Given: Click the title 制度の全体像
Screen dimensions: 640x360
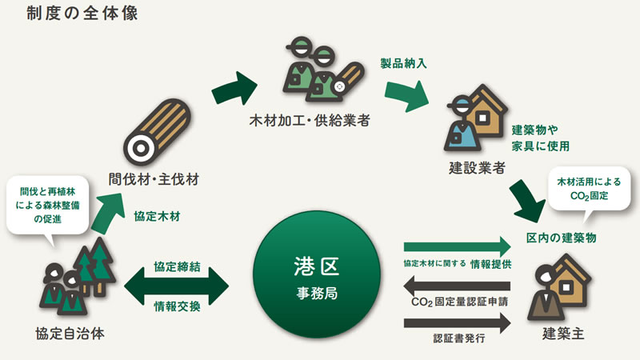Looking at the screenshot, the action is coord(82,14).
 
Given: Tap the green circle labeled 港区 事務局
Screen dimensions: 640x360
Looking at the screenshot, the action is coord(317,274).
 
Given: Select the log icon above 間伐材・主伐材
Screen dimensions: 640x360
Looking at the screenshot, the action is coord(157,131).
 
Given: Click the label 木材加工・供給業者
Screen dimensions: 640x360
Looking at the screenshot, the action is coord(310,121).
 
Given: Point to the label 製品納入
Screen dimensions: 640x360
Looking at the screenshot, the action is coord(403,63).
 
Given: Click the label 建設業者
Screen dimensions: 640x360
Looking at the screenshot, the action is coord(477,168).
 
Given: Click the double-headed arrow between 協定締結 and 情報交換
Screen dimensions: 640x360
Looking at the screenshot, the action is coord(176,286).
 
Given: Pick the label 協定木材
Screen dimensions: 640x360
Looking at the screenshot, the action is coord(157,216).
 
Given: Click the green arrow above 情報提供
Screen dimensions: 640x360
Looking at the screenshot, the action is coord(457,246).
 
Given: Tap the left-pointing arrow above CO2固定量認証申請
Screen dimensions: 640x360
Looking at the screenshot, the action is coord(457,286).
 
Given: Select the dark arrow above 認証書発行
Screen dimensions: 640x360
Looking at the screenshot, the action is coord(457,323).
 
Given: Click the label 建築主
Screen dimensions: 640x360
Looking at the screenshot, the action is coord(563,334).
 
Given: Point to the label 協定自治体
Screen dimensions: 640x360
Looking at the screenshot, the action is coord(70,334).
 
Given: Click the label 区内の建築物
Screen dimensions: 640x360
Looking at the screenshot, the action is coord(562,238).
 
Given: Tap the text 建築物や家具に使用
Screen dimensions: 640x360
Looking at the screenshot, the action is coord(541,138).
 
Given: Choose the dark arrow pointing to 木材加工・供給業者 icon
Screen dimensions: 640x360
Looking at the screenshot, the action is coord(234,88).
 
